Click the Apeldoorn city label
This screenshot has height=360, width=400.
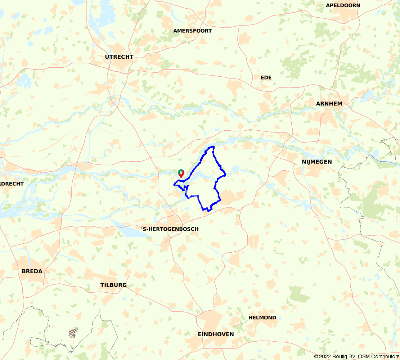pos(343,5)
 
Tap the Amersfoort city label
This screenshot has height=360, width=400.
pos(193,31)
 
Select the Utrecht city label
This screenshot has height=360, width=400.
pos(119,57)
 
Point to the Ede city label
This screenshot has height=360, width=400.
pos(266,78)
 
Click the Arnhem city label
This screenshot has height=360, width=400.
pos(329,104)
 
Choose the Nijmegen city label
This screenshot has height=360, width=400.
pos(317,162)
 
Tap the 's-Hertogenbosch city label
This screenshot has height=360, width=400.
pos(169,229)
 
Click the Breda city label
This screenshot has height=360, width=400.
pos(32,271)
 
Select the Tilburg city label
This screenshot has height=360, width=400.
pos(113,285)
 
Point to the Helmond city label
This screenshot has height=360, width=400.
pos(262,318)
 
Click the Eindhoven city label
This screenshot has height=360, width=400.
pos(216,334)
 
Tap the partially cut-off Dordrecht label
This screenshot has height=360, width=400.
pos(12,184)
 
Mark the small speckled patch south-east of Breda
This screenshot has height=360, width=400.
pos(73,332)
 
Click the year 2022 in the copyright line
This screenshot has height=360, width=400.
pos(325,356)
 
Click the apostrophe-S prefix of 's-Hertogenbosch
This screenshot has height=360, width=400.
pos(143,229)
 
